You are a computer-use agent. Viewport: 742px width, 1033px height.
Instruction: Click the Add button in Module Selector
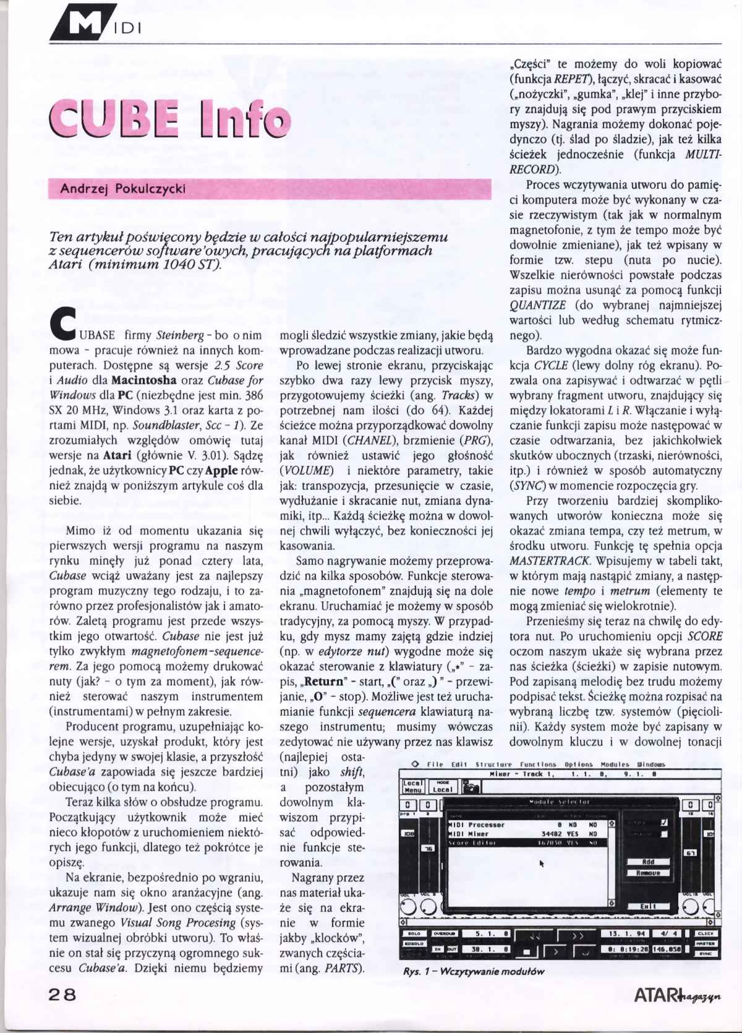(x=648, y=862)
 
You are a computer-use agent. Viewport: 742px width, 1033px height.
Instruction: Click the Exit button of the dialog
(x=648, y=906)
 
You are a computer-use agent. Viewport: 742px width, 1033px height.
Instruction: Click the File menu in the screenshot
(x=435, y=765)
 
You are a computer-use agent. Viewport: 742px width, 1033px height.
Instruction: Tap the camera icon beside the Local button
(x=472, y=787)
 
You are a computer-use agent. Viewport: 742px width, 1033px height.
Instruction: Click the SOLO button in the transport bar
(x=414, y=933)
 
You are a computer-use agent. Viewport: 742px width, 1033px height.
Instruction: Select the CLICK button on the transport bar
(x=706, y=933)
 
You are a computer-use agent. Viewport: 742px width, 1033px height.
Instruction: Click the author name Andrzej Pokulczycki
(x=122, y=189)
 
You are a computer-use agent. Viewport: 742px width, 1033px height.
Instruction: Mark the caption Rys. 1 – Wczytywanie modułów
(x=474, y=971)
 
